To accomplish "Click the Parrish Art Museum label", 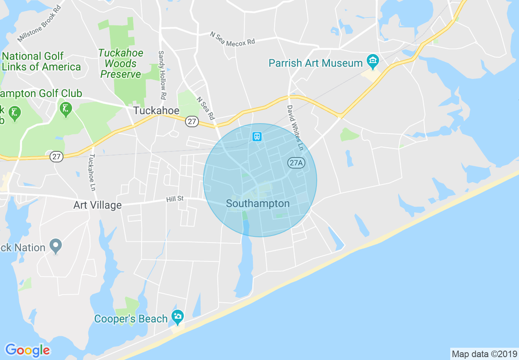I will [x=316, y=63].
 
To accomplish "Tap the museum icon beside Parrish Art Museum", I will [x=372, y=62].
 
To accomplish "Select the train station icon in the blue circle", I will [x=257, y=136].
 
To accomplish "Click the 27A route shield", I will [x=296, y=162].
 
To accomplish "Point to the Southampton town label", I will [x=257, y=203].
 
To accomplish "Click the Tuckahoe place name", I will [x=156, y=110].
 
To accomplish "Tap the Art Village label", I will [x=97, y=205].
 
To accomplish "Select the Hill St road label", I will [x=175, y=199].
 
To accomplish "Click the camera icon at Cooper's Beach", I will [x=177, y=316].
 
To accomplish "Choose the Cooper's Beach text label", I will [x=131, y=319].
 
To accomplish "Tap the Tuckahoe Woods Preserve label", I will [x=121, y=63].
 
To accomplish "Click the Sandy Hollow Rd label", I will [x=162, y=75].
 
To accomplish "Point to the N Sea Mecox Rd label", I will [x=232, y=39].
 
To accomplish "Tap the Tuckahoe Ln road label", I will [x=92, y=172].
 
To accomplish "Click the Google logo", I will [x=28, y=350].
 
